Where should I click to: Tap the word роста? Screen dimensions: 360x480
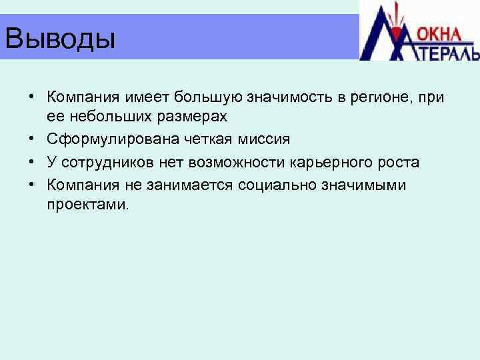(x=398, y=162)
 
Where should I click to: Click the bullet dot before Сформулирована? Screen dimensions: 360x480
(x=31, y=140)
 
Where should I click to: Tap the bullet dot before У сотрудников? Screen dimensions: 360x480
(x=31, y=163)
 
